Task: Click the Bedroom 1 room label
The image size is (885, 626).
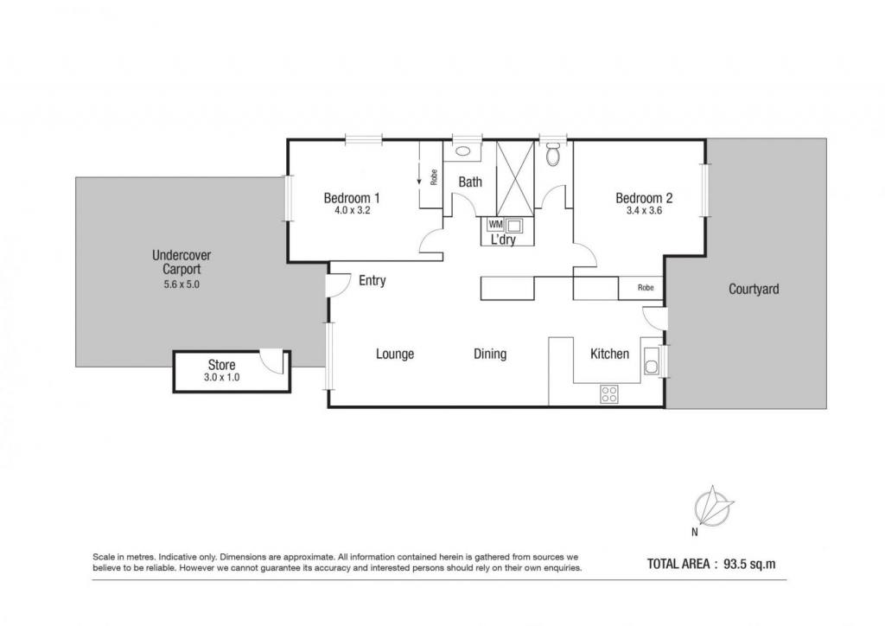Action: pos(351,198)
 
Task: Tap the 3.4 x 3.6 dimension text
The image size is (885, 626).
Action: pos(644,211)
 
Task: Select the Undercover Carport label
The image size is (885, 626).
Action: pos(181,262)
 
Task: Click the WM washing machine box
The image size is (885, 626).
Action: pos(495,225)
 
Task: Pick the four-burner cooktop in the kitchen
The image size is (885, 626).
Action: pos(609,394)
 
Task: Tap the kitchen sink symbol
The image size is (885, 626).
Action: pos(652,361)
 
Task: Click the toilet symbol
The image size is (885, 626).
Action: pos(553,153)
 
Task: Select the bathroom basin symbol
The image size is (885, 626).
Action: pos(463,150)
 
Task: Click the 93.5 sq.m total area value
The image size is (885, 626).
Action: pos(749,564)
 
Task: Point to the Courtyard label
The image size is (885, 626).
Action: pos(754,289)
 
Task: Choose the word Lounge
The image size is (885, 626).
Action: pos(395,354)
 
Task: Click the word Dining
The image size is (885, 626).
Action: pos(490,354)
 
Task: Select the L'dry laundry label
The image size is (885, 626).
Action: pos(503,240)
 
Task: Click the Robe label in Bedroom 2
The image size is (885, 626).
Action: pos(646,288)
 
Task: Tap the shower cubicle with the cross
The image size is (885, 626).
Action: pos(515,178)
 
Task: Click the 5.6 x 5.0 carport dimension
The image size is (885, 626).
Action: pos(181,284)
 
